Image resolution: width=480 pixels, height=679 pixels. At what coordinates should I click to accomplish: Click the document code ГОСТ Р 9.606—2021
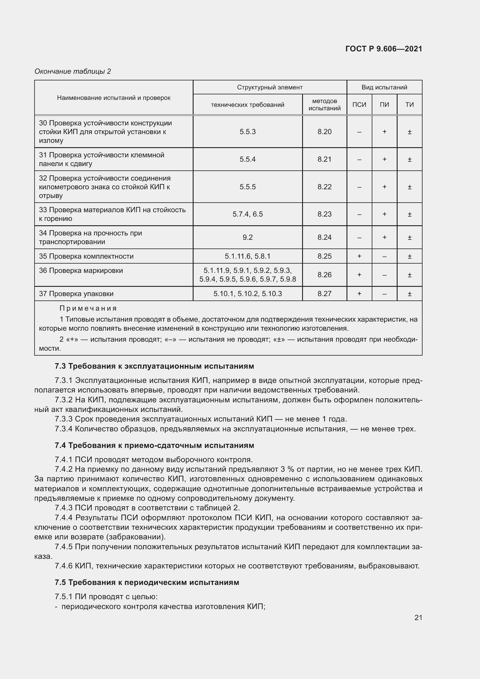click(384, 49)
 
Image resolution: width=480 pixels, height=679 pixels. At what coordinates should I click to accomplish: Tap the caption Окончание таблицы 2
click(73, 71)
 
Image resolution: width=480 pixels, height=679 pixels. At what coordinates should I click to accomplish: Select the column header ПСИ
click(359, 105)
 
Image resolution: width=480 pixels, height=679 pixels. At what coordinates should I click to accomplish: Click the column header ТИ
click(409, 105)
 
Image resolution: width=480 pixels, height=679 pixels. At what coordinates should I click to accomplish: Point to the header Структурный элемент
click(270, 87)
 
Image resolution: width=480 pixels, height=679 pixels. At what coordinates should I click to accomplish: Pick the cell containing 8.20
click(324, 132)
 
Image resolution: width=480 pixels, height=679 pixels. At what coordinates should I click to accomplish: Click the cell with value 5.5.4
click(247, 159)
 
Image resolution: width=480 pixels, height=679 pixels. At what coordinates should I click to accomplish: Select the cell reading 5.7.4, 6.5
click(247, 214)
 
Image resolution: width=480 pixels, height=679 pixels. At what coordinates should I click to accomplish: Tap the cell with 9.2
click(247, 237)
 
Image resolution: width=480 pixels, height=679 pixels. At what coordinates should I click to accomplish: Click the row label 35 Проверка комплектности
click(86, 256)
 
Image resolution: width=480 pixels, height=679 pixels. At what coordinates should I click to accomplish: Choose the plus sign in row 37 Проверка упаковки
click(359, 294)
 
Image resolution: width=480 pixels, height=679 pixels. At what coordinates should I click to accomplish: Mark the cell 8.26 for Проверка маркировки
click(324, 275)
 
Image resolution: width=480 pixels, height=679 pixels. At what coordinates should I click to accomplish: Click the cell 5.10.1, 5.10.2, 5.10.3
click(247, 294)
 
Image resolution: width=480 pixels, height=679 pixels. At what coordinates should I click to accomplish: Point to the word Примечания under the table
click(88, 309)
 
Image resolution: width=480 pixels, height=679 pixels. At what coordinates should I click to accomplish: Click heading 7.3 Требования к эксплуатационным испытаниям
click(154, 366)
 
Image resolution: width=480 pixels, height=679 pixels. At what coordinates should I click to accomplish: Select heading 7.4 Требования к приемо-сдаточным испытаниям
click(154, 445)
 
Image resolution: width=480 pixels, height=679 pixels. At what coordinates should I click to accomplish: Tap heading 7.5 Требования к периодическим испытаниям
click(147, 582)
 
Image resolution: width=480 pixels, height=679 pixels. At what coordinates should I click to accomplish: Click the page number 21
click(418, 617)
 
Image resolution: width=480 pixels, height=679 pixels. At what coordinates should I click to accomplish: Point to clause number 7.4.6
click(64, 566)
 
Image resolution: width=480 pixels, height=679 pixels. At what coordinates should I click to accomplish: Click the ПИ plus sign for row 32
click(384, 187)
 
